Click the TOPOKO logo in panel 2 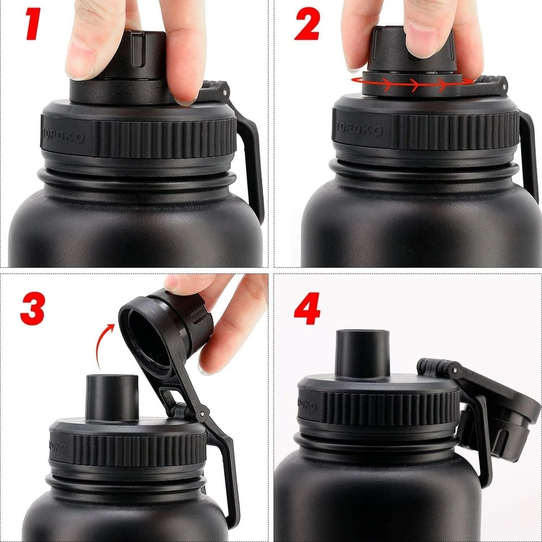click(x=360, y=129)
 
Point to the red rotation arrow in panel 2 click(x=412, y=83)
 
